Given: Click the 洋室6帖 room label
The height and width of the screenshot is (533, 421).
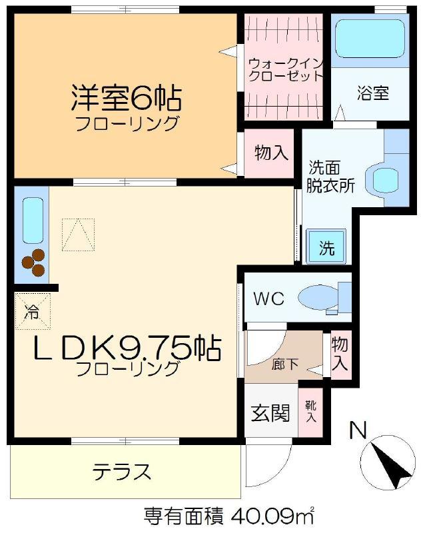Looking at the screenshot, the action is pyautogui.click(x=126, y=98).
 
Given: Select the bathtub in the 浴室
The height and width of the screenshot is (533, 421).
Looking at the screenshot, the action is pyautogui.click(x=370, y=38).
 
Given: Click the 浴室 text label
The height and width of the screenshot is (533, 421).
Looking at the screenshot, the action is pyautogui.click(x=373, y=93).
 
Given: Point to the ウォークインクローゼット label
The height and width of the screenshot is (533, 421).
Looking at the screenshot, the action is pyautogui.click(x=284, y=70).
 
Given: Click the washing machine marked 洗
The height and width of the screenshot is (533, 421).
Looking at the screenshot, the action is pyautogui.click(x=326, y=247).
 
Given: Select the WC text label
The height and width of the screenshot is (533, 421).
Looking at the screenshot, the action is pyautogui.click(x=268, y=298).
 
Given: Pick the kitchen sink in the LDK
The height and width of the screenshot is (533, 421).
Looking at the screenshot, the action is pyautogui.click(x=33, y=221).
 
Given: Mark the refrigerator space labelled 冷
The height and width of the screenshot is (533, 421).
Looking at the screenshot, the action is pyautogui.click(x=33, y=311).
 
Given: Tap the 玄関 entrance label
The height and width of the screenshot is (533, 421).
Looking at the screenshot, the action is pyautogui.click(x=270, y=413).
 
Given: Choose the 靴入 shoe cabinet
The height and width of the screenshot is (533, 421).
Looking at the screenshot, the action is pyautogui.click(x=310, y=411).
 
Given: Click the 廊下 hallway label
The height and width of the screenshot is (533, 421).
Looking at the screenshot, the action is pyautogui.click(x=284, y=364).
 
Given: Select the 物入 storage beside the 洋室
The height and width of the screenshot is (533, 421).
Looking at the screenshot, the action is pyautogui.click(x=269, y=153).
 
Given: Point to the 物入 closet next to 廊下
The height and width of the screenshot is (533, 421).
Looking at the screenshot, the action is pyautogui.click(x=340, y=354).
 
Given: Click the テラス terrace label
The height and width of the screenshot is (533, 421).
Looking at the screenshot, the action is pyautogui.click(x=122, y=471).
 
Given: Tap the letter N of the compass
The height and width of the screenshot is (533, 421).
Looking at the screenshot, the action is pyautogui.click(x=358, y=430).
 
